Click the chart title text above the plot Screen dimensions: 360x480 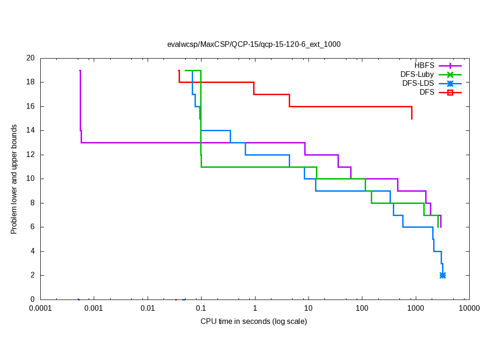(x=254, y=45)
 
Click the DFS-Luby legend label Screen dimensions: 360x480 (x=417, y=75)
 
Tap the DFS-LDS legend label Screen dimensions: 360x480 (x=418, y=83)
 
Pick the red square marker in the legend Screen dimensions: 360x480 (x=450, y=93)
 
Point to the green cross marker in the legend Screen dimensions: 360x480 (x=450, y=75)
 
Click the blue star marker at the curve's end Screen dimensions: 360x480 (x=442, y=275)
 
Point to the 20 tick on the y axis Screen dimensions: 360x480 (x=30, y=58)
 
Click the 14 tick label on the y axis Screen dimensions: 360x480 (x=30, y=130)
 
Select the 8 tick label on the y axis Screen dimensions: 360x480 (x=32, y=203)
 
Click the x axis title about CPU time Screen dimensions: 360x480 (x=254, y=322)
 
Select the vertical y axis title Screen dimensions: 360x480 (x=15, y=179)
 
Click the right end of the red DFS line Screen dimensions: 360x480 (x=412, y=119)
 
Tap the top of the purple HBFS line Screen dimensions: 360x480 (x=80, y=71)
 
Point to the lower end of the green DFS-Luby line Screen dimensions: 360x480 (x=438, y=227)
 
